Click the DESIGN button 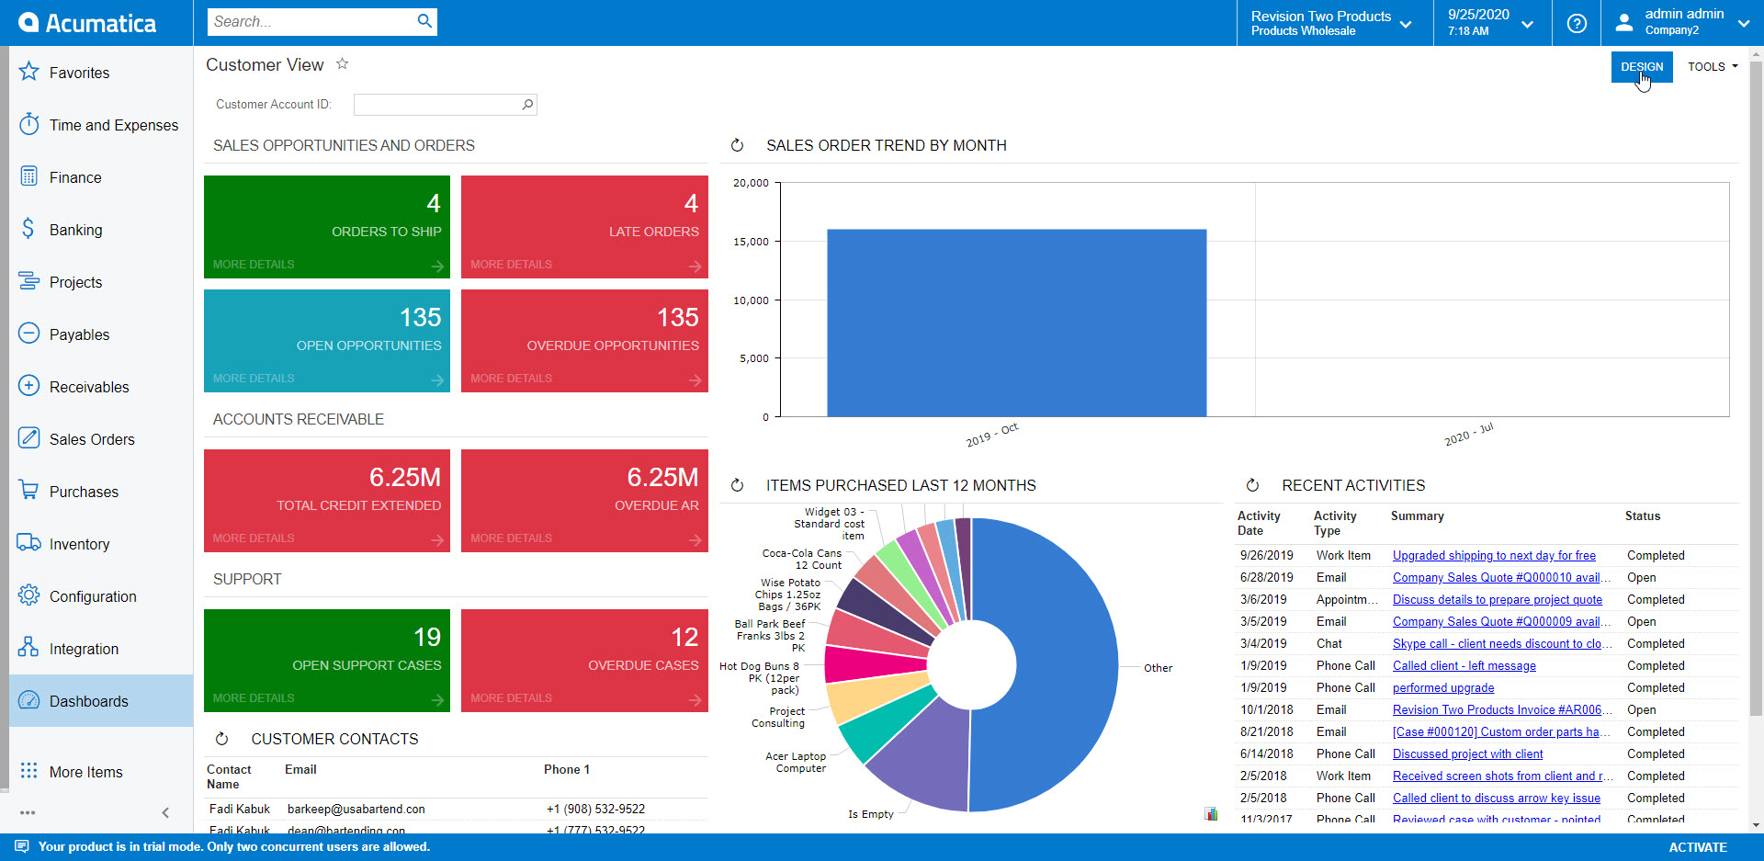pos(1641,67)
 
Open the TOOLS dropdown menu pos(1712,67)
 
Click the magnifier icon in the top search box pos(424,21)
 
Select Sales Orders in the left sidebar pos(92,439)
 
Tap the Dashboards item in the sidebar pos(88,701)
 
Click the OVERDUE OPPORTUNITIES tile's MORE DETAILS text pos(511,379)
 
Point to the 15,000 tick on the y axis pos(751,242)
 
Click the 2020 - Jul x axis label pos(1468,435)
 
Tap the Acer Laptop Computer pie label pos(796,763)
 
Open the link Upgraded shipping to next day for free pos(1494,556)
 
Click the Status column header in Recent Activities pos(1642,516)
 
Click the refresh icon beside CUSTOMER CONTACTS pos(221,739)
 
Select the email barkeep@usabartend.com pos(356,810)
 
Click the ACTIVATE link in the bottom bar pos(1697,847)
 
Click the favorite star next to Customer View pos(342,64)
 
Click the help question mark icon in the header pos(1577,23)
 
